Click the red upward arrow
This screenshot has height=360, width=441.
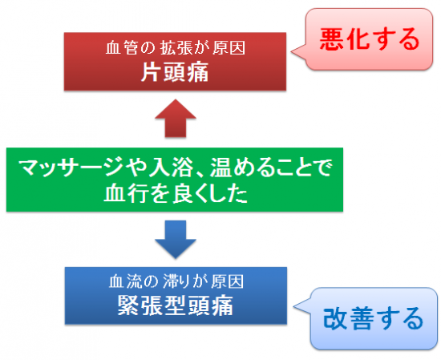pyautogui.click(x=176, y=119)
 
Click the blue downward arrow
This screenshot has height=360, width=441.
pyautogui.click(x=176, y=240)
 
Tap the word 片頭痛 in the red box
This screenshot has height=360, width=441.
pyautogui.click(x=175, y=72)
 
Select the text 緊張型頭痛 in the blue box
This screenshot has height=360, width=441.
pyautogui.click(x=176, y=305)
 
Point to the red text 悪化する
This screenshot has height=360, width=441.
pyautogui.click(x=370, y=39)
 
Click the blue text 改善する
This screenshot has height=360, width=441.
pyautogui.click(x=373, y=318)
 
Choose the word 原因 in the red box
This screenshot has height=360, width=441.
pyautogui.click(x=229, y=48)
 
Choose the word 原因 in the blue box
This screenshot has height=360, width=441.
pyautogui.click(x=227, y=281)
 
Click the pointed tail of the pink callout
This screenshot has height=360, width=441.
pyautogui.click(x=291, y=52)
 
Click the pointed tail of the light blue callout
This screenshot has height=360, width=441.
pyautogui.click(x=294, y=306)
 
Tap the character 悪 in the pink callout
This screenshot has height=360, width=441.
pyautogui.click(x=331, y=39)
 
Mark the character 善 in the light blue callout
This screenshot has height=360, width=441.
pyautogui.click(x=360, y=318)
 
